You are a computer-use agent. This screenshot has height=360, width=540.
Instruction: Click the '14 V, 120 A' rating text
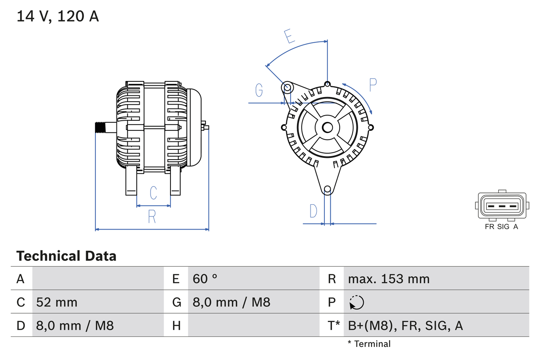click(x=58, y=16)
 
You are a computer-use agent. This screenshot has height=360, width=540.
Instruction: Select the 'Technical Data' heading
click(x=66, y=256)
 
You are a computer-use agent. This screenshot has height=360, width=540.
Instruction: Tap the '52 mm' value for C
click(x=57, y=302)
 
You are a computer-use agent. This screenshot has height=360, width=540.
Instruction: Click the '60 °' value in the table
click(x=205, y=279)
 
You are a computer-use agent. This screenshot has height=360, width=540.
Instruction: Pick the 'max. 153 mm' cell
click(x=389, y=279)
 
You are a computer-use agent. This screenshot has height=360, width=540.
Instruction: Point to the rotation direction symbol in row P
click(x=356, y=302)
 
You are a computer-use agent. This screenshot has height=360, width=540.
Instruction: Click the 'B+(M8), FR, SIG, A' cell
click(x=405, y=325)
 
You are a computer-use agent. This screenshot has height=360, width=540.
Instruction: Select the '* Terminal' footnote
click(x=369, y=344)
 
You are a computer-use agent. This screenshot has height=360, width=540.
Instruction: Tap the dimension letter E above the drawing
click(x=289, y=36)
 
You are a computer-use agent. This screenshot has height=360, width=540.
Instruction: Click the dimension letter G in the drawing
click(x=259, y=90)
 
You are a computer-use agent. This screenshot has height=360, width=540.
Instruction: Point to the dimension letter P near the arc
click(x=373, y=85)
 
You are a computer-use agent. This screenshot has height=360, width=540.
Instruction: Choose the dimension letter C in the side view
click(x=154, y=193)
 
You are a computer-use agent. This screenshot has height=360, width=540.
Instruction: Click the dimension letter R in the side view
click(x=152, y=217)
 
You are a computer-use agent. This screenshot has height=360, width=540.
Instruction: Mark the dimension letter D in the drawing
click(x=313, y=211)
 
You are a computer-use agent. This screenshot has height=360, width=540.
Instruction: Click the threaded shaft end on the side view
click(x=100, y=127)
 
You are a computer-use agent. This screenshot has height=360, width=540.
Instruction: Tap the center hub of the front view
click(x=327, y=127)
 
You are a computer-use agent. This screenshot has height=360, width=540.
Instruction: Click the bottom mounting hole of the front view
click(x=327, y=189)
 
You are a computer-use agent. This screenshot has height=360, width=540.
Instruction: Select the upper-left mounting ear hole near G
click(x=287, y=88)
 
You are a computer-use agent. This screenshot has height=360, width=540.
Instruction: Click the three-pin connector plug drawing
click(x=502, y=206)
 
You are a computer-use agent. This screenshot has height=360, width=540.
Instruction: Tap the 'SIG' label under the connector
click(x=503, y=227)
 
